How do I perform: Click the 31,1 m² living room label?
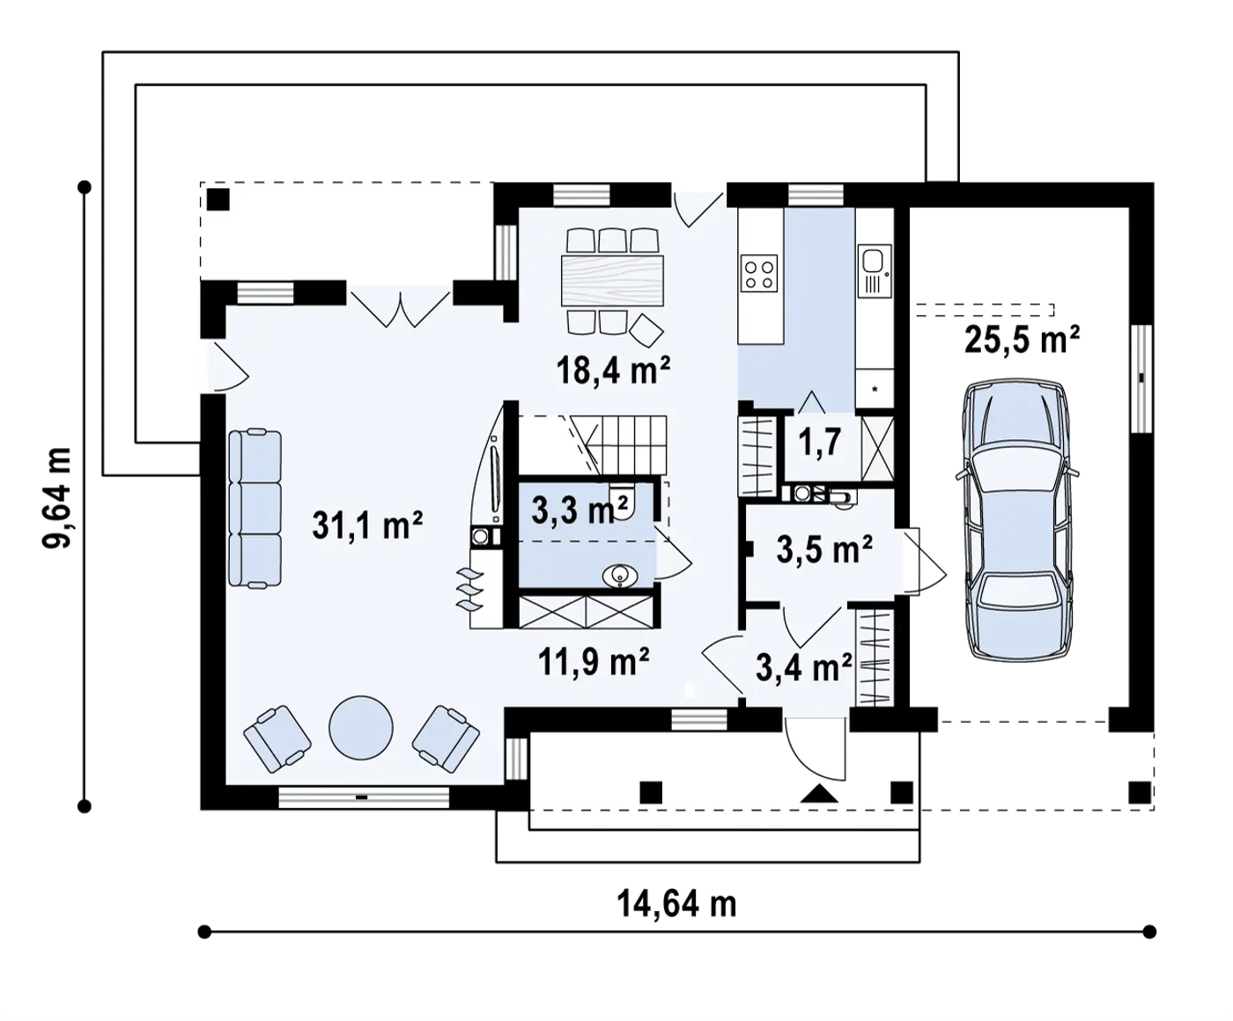pyautogui.click(x=367, y=525)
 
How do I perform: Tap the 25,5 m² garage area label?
pyautogui.click(x=1023, y=340)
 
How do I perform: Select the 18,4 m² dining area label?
pyautogui.click(x=613, y=370)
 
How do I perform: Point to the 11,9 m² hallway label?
pyautogui.click(x=594, y=662)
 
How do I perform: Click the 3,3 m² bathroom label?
pyautogui.click(x=580, y=510)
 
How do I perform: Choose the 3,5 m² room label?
pyautogui.click(x=824, y=549)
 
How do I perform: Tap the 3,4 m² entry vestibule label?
pyautogui.click(x=804, y=667)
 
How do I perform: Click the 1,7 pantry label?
pyautogui.click(x=820, y=442)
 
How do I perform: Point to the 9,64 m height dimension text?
pyautogui.click(x=56, y=497)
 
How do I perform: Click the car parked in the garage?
pyautogui.click(x=1017, y=519)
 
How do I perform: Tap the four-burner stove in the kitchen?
pyautogui.click(x=759, y=275)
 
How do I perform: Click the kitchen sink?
pyautogui.click(x=874, y=261)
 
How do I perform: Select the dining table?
pyautogui.click(x=612, y=280)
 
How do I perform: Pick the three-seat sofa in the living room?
pyautogui.click(x=255, y=508)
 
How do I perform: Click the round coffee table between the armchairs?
pyautogui.click(x=361, y=727)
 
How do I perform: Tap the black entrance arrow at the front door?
pyautogui.click(x=819, y=793)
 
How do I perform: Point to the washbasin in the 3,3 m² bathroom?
pyautogui.click(x=619, y=576)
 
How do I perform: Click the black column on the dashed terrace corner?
pyautogui.click(x=218, y=200)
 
